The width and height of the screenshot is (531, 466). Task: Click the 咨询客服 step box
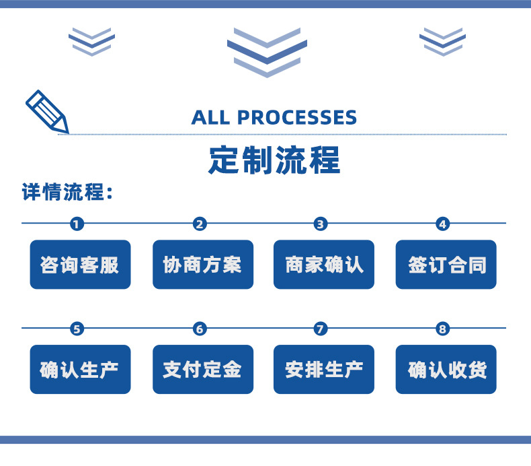(x=80, y=265)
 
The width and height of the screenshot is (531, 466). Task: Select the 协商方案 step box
(x=202, y=265)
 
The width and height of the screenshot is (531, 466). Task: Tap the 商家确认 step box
(x=324, y=265)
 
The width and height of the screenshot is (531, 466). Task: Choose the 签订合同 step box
(x=446, y=265)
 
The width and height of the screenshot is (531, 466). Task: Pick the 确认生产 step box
(x=80, y=370)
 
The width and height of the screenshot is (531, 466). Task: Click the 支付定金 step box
(x=202, y=370)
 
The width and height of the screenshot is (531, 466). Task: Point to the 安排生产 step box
(x=324, y=370)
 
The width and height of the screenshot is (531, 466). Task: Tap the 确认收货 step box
(x=446, y=370)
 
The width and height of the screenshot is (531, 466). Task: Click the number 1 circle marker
(x=77, y=224)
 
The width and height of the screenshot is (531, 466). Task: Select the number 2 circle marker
(x=199, y=224)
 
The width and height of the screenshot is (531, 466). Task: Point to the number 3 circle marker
(x=321, y=224)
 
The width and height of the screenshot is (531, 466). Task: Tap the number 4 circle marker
(x=442, y=224)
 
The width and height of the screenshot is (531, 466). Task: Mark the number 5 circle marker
(x=77, y=329)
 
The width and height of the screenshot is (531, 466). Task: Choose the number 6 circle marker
(x=199, y=329)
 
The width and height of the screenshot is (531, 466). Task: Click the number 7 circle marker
(x=321, y=329)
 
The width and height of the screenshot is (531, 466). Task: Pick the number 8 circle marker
(x=442, y=329)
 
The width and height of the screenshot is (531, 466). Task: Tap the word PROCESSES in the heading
(x=297, y=117)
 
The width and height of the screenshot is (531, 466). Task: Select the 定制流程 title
(x=275, y=160)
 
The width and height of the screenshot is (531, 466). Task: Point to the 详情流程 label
(x=67, y=193)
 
